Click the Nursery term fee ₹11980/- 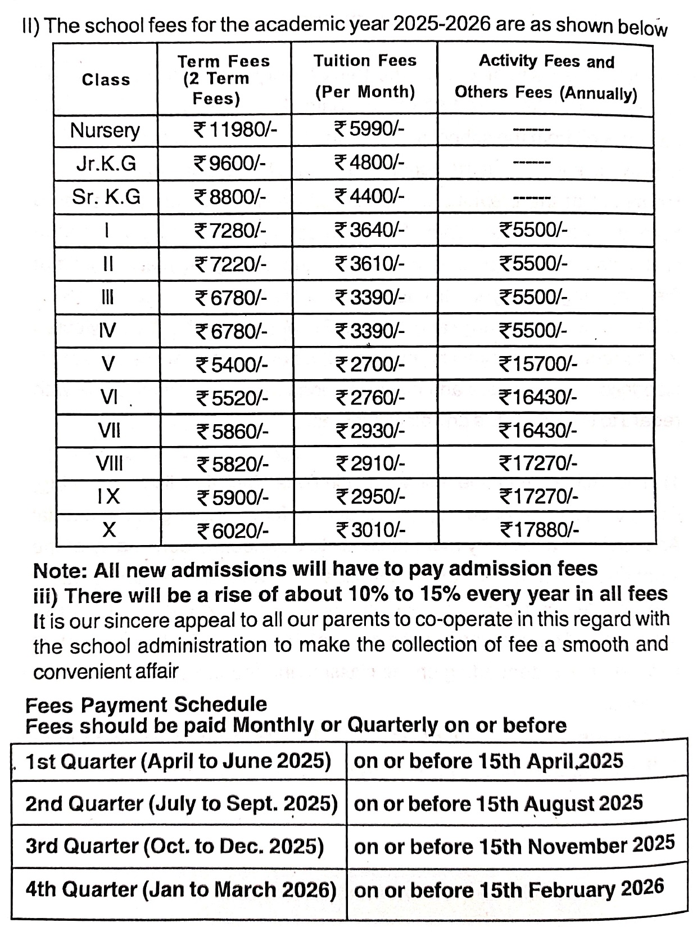tap(235, 130)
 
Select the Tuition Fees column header tap(365, 76)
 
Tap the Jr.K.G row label tap(106, 164)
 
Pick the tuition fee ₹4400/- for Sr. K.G tap(369, 196)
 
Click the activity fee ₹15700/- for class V tap(538, 364)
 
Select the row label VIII tap(109, 464)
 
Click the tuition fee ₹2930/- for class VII tap(370, 431)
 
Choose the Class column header tap(106, 80)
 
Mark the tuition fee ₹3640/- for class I tap(369, 230)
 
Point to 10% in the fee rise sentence tap(367, 594)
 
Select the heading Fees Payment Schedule tap(146, 704)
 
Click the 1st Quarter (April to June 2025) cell tap(178, 761)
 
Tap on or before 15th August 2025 tap(498, 803)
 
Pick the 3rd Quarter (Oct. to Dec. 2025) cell tap(175, 846)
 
